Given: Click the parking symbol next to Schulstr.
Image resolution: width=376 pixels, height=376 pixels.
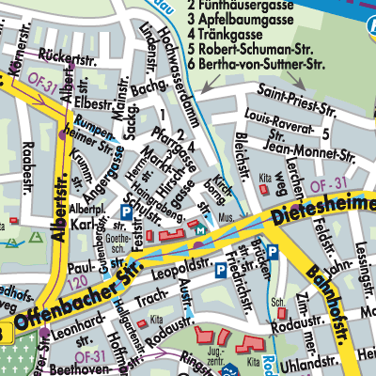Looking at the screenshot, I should click(126, 213).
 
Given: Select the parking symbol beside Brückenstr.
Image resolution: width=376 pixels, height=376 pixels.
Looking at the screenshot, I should click(271, 251).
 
